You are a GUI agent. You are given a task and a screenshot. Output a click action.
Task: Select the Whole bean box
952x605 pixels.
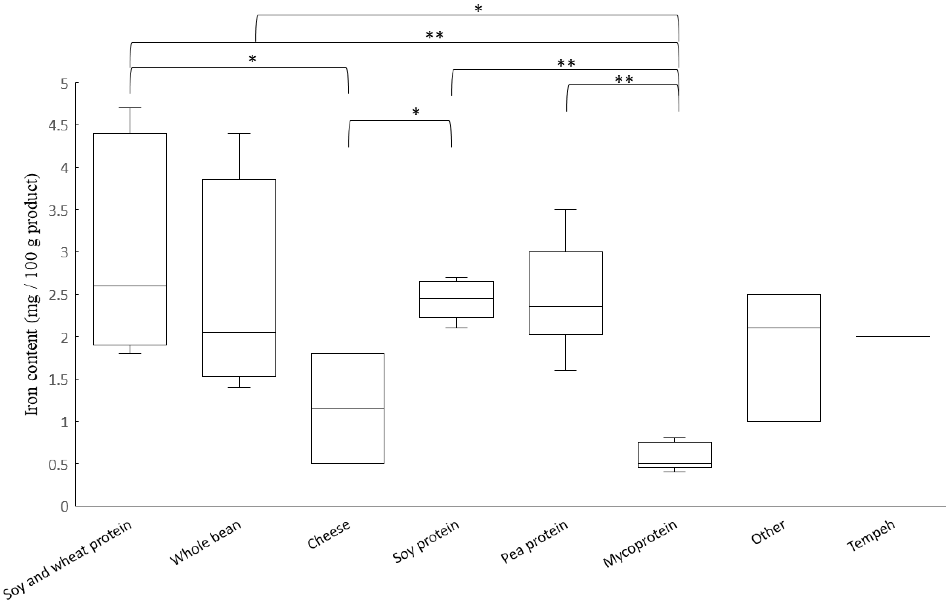pos(239,277)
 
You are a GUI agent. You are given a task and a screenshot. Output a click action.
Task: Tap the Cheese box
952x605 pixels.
pos(348,408)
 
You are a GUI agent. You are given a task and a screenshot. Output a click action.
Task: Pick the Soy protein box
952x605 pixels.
pos(456,299)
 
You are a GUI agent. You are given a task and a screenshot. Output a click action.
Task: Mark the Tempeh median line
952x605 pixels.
pos(893,336)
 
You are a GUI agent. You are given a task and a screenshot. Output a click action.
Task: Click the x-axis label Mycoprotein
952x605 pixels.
pos(640,549)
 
